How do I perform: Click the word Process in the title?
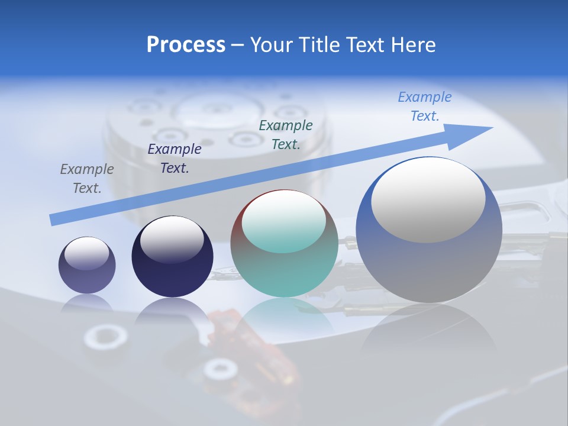point(186,45)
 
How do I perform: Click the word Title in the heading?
point(318,45)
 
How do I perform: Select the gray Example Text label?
point(87,179)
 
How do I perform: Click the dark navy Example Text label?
point(175,159)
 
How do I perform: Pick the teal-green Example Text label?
point(286,135)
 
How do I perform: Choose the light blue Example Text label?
point(425,106)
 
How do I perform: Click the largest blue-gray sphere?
point(429,260)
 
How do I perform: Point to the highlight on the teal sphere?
point(284,222)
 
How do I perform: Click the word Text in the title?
point(366,45)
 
